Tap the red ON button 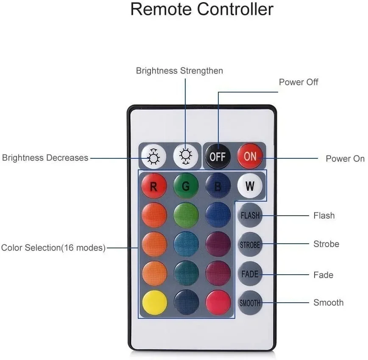click(250, 156)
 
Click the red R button click(153, 186)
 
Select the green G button click(186, 186)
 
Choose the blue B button click(218, 186)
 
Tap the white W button click(250, 186)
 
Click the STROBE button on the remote click(250, 245)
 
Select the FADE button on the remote click(250, 274)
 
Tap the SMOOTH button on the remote click(250, 303)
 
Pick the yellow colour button click(153, 303)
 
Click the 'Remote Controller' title click(202, 9)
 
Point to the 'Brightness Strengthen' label click(179, 70)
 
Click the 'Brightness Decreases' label click(45, 158)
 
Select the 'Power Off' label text click(298, 82)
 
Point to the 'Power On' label click(345, 159)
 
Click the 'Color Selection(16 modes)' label click(53, 247)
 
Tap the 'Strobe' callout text click(326, 244)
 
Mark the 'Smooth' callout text click(328, 303)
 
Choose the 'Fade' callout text click(323, 275)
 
